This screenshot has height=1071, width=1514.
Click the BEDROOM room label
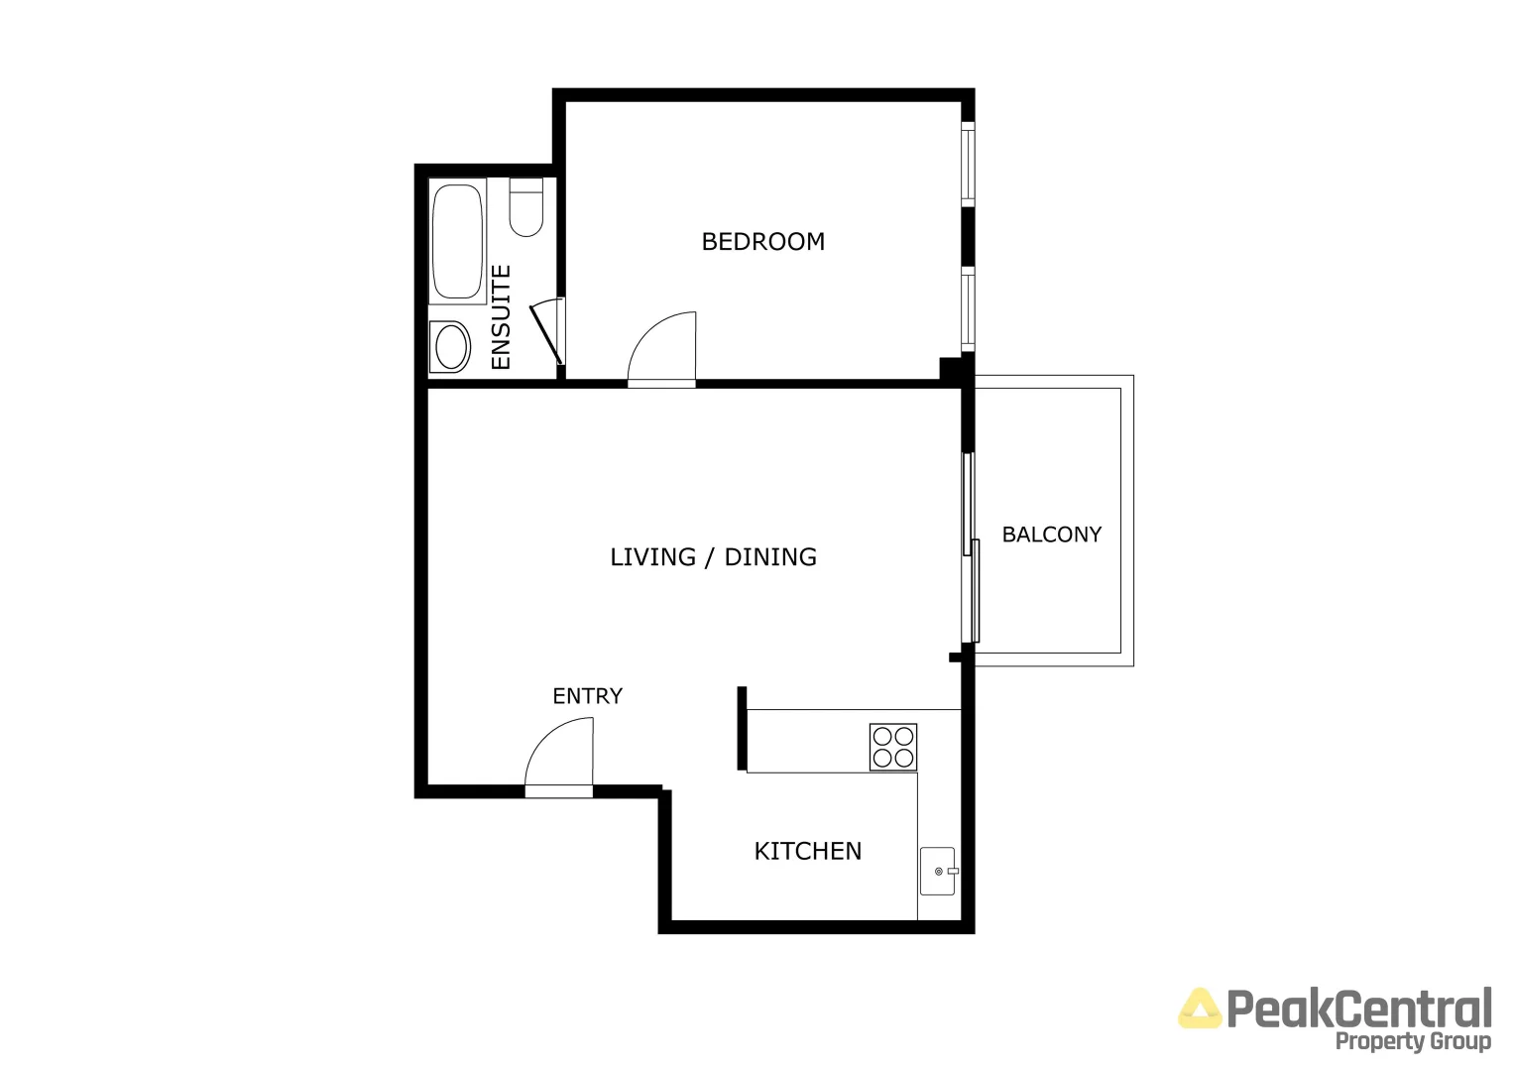pos(762,241)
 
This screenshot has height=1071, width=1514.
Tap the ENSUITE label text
pos(502,317)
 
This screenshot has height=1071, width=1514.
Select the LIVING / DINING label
pos(713,557)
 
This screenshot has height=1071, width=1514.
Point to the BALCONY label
pos(1051,535)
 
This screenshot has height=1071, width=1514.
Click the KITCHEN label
pos(807,851)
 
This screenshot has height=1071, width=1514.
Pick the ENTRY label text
pos(587,696)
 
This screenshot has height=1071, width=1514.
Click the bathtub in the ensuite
pos(457,241)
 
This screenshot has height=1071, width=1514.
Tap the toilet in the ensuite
pos(525,209)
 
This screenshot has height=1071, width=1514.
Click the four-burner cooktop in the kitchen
pos(892,747)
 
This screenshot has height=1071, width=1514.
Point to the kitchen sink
pos(937,871)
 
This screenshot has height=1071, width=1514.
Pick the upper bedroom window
pos(969,164)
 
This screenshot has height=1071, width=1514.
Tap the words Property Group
pos(1412,1041)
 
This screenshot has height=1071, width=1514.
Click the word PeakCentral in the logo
pos(1358,1009)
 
